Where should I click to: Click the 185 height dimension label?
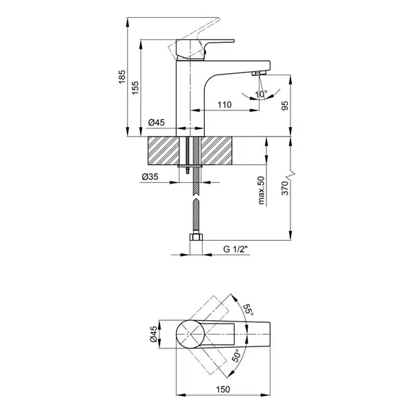coord(122,77)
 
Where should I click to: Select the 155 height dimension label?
coord(135,88)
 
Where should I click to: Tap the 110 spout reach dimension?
coord(224,105)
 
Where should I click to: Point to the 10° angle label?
coord(261,94)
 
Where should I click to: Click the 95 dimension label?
coord(285,106)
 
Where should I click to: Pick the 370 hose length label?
coord(285,188)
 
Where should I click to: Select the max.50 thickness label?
coord(261,190)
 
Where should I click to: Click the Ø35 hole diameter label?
coord(150,177)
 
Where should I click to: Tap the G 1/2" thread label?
coord(236,249)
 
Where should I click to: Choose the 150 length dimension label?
coord(223,389)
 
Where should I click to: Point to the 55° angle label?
coord(248,310)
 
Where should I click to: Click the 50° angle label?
coord(236,355)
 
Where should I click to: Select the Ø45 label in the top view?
coord(154,334)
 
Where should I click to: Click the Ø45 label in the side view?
coord(157,123)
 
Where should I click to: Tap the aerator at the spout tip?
coord(259,73)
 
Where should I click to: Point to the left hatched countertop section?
coord(164,150)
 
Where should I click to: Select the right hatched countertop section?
coord(217,150)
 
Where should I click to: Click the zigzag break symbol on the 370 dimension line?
coord(290,175)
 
